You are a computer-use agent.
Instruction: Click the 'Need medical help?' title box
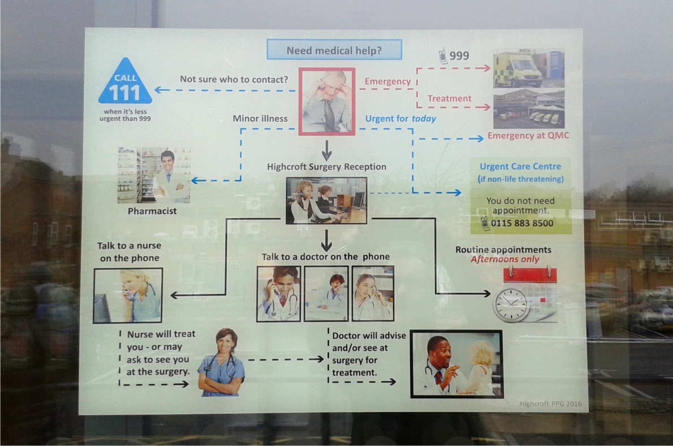click(x=334, y=50)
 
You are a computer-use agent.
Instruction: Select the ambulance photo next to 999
click(x=528, y=68)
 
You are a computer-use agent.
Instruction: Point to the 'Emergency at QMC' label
click(x=528, y=136)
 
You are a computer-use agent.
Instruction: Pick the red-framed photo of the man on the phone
click(x=327, y=102)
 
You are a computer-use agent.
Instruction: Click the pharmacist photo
click(x=154, y=175)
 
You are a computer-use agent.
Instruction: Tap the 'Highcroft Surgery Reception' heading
click(x=327, y=167)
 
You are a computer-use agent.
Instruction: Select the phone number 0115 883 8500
click(x=522, y=223)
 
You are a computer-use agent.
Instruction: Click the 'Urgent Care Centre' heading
click(x=520, y=166)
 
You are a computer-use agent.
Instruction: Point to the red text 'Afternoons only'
click(x=505, y=259)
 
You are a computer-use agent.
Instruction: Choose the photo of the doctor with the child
click(x=456, y=363)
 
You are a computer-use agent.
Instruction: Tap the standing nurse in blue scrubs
click(x=221, y=363)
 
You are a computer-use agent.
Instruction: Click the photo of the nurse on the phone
click(x=128, y=295)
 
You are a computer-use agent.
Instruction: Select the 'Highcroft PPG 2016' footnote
click(x=550, y=404)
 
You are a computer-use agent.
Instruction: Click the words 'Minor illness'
click(x=260, y=119)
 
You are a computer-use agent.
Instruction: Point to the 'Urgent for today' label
click(x=400, y=119)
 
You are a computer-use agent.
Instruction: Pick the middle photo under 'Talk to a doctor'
click(x=326, y=293)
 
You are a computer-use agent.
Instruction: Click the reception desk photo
click(x=326, y=200)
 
